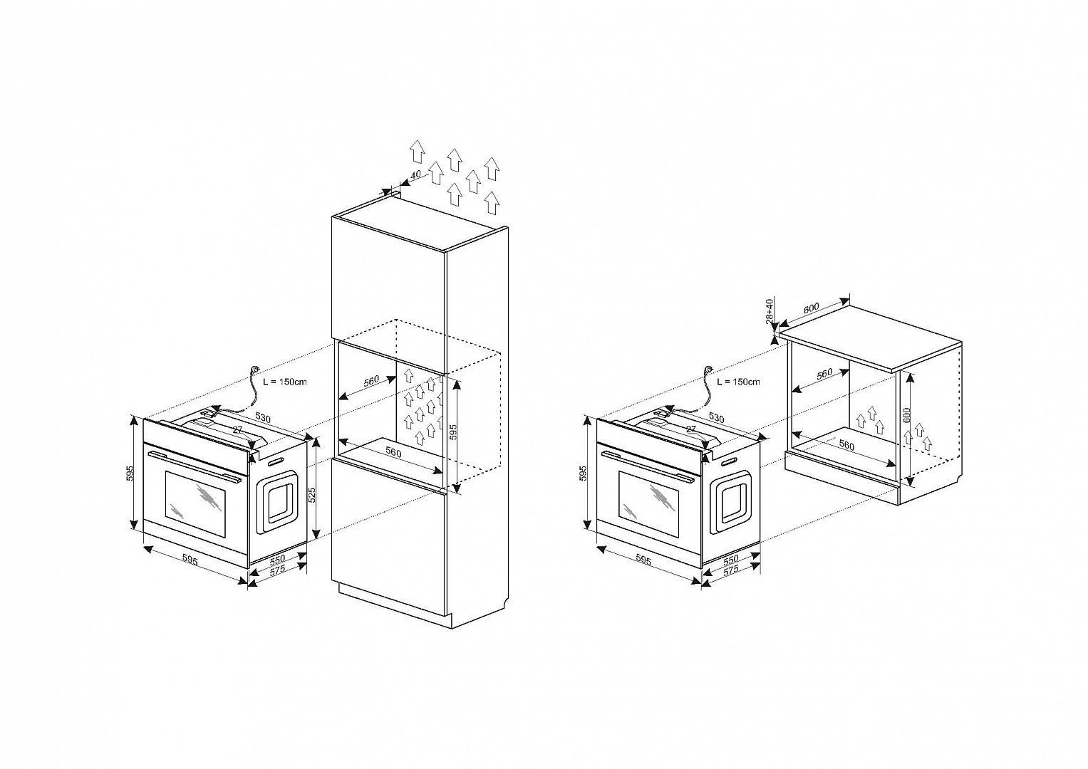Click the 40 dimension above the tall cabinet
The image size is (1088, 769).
point(416,174)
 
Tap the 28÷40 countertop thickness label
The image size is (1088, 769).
point(769,311)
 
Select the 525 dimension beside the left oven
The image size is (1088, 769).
point(313,495)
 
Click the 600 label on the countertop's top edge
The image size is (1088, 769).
point(812,308)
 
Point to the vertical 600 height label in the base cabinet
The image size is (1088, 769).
point(907,414)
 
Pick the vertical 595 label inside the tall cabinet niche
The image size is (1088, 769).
point(452,433)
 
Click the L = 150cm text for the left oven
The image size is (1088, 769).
point(284,382)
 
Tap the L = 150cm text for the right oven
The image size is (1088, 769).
point(738,382)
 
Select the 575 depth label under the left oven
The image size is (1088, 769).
point(277,570)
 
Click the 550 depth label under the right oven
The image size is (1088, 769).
point(730,559)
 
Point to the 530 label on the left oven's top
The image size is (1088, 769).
point(263,418)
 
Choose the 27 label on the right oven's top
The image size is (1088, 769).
point(690,429)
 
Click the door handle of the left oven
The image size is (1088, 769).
point(195,466)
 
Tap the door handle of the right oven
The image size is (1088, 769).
point(648,466)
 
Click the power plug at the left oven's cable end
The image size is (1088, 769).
point(254,370)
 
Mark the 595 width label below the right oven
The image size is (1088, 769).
point(643,561)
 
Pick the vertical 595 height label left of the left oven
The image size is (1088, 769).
point(130,473)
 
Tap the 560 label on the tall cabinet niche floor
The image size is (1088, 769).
point(393,452)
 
